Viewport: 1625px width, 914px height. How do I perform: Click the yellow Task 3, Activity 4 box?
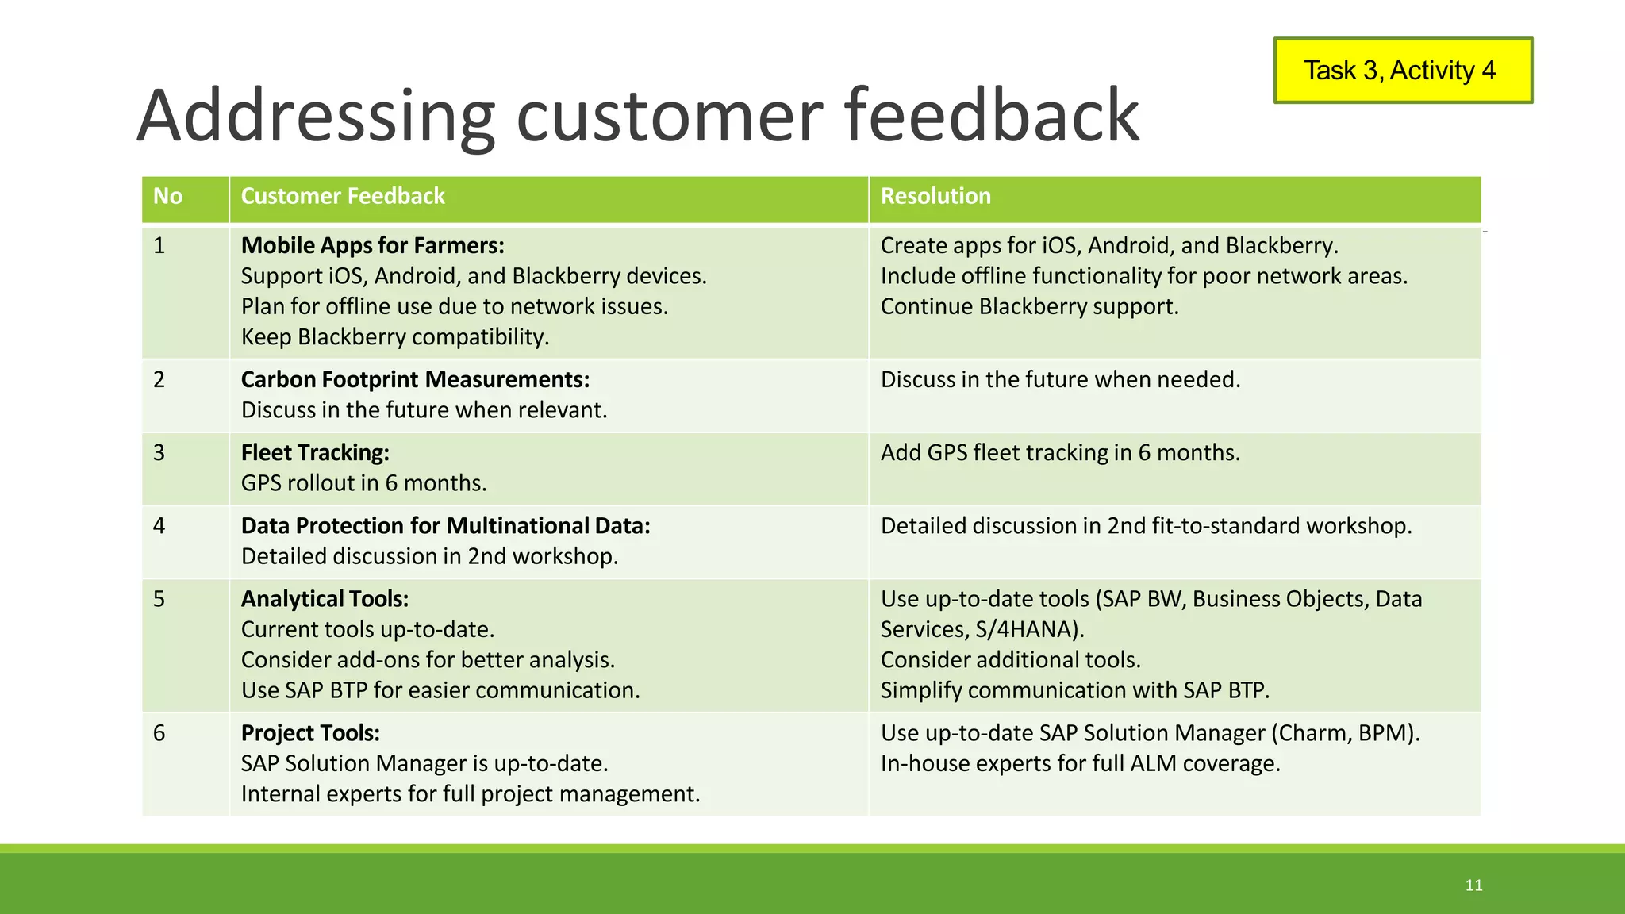click(1402, 71)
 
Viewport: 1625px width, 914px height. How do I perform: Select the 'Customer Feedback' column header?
click(343, 196)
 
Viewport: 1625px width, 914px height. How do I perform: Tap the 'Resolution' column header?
click(935, 196)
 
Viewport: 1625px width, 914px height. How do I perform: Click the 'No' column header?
click(167, 196)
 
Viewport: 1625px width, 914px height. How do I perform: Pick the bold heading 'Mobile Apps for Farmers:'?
click(372, 246)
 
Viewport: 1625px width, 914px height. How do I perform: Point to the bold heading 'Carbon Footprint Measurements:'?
click(415, 380)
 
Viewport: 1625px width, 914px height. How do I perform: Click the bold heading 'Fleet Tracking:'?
click(315, 453)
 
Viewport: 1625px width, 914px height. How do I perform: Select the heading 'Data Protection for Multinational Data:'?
click(445, 526)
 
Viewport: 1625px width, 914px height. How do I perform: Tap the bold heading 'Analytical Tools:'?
click(325, 599)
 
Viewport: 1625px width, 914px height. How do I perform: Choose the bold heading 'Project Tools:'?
click(310, 733)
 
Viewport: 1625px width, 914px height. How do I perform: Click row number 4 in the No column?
click(159, 526)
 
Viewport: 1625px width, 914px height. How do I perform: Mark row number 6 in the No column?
click(159, 733)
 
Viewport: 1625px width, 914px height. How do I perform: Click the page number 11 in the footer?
click(1473, 885)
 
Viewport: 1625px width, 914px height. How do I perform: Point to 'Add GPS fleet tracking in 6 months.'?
click(1059, 453)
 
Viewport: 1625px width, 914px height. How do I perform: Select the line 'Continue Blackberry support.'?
click(1029, 307)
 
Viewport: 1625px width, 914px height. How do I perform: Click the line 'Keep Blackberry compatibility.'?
click(394, 337)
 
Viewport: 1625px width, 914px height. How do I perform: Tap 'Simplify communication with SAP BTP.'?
click(1074, 690)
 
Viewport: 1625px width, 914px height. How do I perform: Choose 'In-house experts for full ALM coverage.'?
click(1080, 764)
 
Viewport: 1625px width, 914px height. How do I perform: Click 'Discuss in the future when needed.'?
click(1059, 380)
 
